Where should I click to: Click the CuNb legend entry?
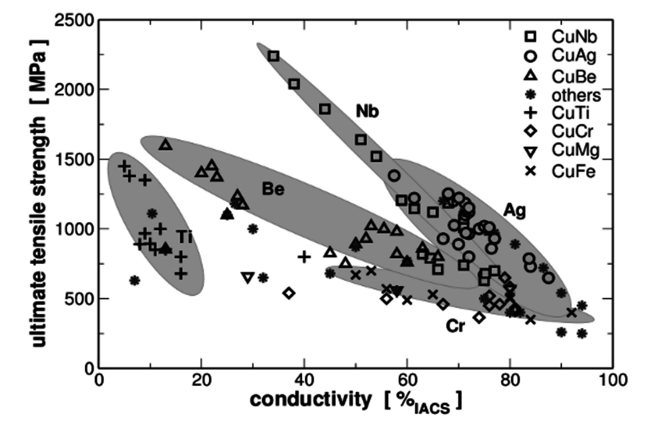click(561, 36)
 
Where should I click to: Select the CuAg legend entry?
click(561, 56)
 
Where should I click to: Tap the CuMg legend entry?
click(561, 151)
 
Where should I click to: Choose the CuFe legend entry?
click(561, 171)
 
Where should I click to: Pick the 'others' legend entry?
click(561, 95)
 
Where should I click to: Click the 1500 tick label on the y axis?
click(75, 159)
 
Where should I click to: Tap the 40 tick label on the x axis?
click(304, 379)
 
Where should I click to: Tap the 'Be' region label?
click(273, 190)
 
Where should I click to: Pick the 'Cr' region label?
click(455, 327)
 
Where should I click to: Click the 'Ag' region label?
click(515, 210)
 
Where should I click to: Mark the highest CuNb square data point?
click(274, 56)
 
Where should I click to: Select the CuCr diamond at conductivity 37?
click(289, 293)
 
